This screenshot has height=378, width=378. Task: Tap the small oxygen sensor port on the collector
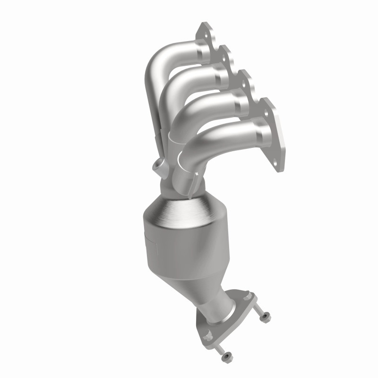[156, 167]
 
